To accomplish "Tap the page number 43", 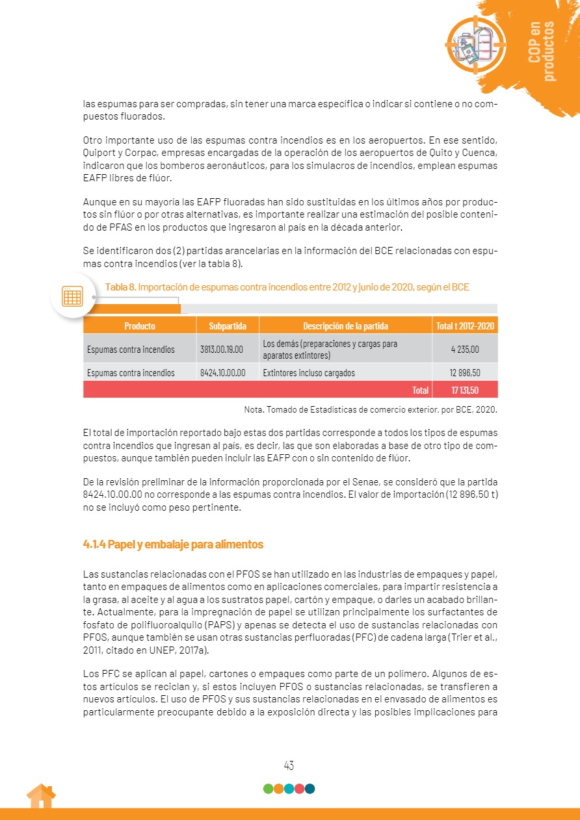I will tap(289, 765).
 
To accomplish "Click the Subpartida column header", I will tap(227, 326).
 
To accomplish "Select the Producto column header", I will tap(140, 326).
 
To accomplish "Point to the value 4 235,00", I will tap(465, 350).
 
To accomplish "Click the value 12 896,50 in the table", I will tap(465, 373).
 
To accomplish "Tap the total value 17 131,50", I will tap(465, 390).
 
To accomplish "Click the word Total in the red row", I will tap(420, 390).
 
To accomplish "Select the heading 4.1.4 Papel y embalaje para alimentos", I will tap(173, 544).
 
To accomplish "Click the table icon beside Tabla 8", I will tap(72, 296).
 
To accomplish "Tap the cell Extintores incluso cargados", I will tap(309, 373).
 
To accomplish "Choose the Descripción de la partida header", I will tap(345, 326).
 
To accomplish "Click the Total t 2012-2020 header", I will tap(465, 326).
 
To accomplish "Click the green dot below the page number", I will tap(268, 789).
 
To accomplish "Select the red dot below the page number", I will tap(299, 789).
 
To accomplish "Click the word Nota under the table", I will tap(254, 410).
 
